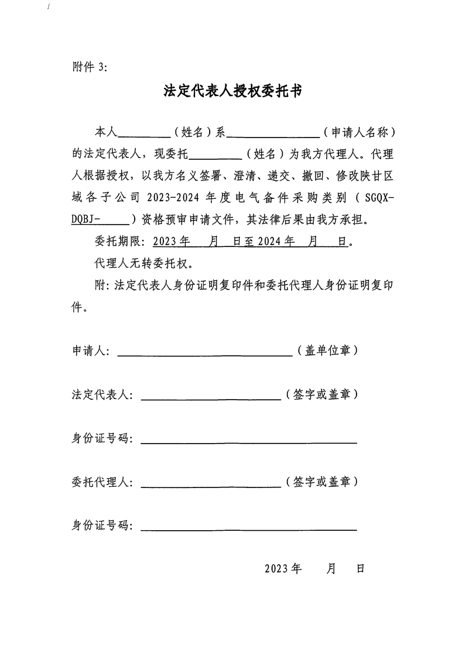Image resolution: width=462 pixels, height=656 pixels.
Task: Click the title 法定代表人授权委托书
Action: [x=232, y=91]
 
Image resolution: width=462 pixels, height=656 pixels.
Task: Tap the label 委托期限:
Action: [x=120, y=242]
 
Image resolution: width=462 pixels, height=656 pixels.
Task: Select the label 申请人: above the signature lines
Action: [x=90, y=351]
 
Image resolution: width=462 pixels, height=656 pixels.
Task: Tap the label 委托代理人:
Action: [x=102, y=482]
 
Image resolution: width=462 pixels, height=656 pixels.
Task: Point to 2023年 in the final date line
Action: [x=282, y=569]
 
